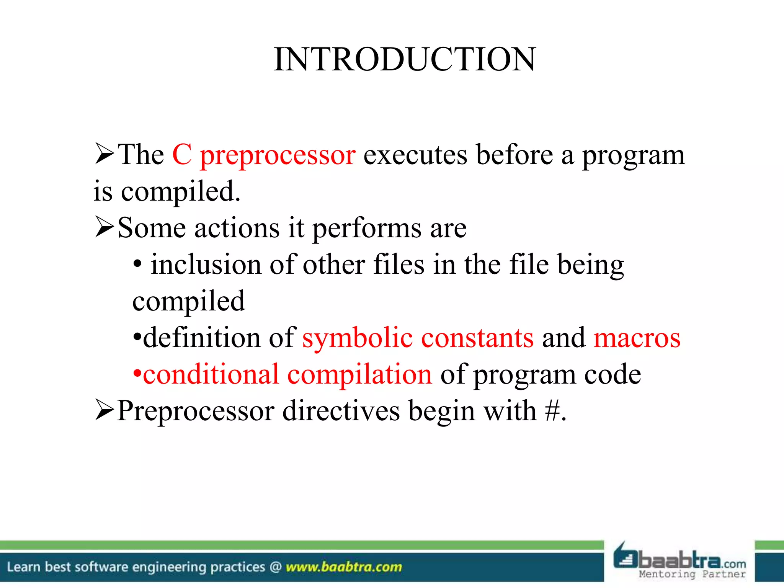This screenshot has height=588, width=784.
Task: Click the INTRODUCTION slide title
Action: click(x=405, y=59)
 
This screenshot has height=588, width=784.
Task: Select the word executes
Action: click(x=415, y=155)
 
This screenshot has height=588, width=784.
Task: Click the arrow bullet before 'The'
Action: click(x=104, y=154)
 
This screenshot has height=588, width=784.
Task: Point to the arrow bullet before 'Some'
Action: click(x=104, y=227)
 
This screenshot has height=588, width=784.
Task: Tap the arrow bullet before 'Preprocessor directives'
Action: click(x=104, y=410)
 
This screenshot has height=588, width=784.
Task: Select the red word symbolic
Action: click(x=357, y=338)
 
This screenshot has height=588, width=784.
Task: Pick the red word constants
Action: click(x=477, y=338)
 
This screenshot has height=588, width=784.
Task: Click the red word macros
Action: click(x=637, y=338)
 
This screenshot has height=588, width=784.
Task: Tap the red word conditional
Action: click(x=211, y=374)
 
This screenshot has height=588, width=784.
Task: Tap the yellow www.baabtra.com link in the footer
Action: click(x=344, y=567)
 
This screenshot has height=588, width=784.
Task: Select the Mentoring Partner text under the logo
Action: click(x=692, y=574)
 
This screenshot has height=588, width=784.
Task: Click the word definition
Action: click(x=201, y=338)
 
